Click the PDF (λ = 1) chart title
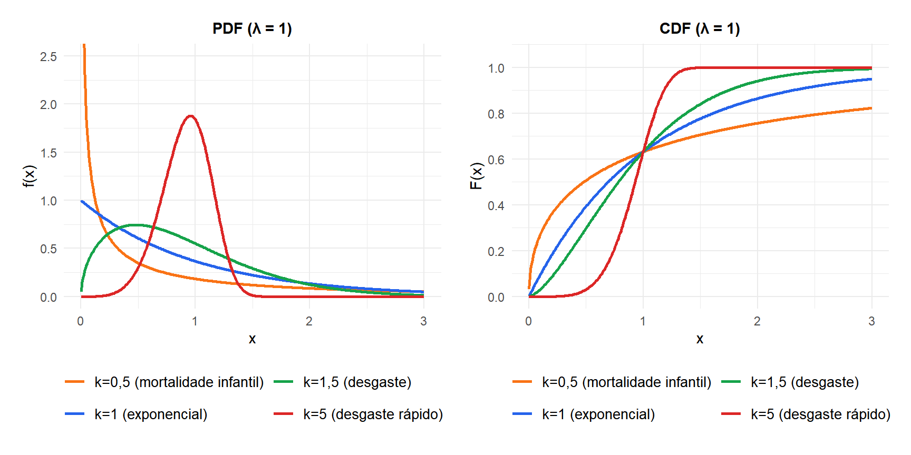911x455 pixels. [252, 28]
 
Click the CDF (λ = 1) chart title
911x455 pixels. [700, 28]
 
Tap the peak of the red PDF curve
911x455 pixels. [190, 116]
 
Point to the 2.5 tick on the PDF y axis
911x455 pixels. [49, 56]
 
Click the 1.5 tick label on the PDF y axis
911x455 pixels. [49, 153]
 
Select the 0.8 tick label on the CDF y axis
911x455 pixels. [496, 114]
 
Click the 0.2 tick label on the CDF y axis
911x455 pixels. [496, 251]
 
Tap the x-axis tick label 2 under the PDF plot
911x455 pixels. [309, 321]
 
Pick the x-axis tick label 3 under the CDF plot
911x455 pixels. [871, 321]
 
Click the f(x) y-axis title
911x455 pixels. [30, 176]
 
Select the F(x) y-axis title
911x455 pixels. [477, 176]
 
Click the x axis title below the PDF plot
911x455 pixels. [252, 339]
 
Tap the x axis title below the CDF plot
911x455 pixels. [700, 339]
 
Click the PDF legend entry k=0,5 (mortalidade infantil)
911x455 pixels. [164, 382]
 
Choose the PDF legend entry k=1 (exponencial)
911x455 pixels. [136, 414]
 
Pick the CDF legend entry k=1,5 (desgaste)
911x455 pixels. [790, 382]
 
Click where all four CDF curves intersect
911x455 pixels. [643, 152]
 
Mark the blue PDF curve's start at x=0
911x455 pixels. [81, 201]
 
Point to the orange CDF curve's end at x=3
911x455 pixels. [871, 108]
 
